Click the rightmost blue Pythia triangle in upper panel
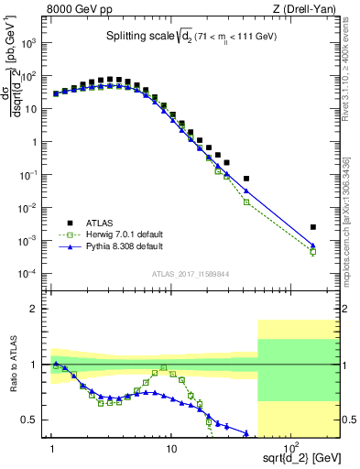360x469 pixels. pos(313,245)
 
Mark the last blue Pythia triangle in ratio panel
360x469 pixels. pos(246,433)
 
